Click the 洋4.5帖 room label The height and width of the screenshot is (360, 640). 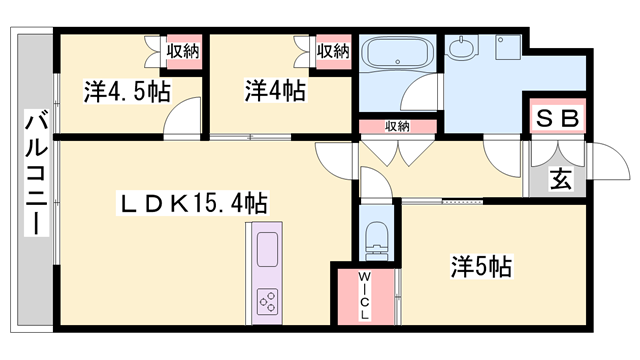click(x=127, y=92)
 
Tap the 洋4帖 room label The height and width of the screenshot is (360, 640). click(x=274, y=91)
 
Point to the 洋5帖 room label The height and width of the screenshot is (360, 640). click(x=480, y=267)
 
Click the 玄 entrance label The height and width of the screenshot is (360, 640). click(x=559, y=181)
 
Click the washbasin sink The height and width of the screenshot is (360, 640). click(x=463, y=46)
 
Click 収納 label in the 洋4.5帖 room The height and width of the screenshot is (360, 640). click(x=181, y=50)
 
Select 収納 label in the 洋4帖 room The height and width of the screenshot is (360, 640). click(x=333, y=50)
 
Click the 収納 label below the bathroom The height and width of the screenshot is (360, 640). click(x=397, y=126)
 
